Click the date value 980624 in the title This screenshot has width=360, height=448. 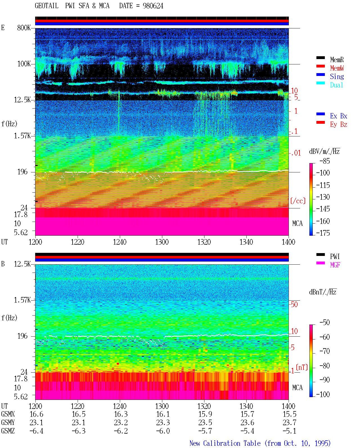point(153,6)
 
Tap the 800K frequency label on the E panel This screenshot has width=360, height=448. point(24,28)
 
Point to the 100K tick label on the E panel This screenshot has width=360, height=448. point(24,64)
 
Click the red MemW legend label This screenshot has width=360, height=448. point(337,68)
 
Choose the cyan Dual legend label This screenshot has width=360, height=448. point(337,85)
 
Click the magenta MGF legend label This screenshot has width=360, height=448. point(335,265)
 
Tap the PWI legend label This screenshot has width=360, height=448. point(335,256)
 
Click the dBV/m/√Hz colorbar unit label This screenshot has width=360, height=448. point(324,151)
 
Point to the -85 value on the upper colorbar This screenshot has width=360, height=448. point(325,161)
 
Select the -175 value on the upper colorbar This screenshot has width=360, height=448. point(323,233)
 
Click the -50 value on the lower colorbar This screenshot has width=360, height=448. point(325,322)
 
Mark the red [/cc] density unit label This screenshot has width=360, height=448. point(298,201)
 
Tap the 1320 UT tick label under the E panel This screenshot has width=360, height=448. point(204,242)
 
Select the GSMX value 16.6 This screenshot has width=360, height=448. point(37,414)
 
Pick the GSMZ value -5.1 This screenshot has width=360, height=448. point(289,431)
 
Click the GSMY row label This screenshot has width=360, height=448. point(8,423)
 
